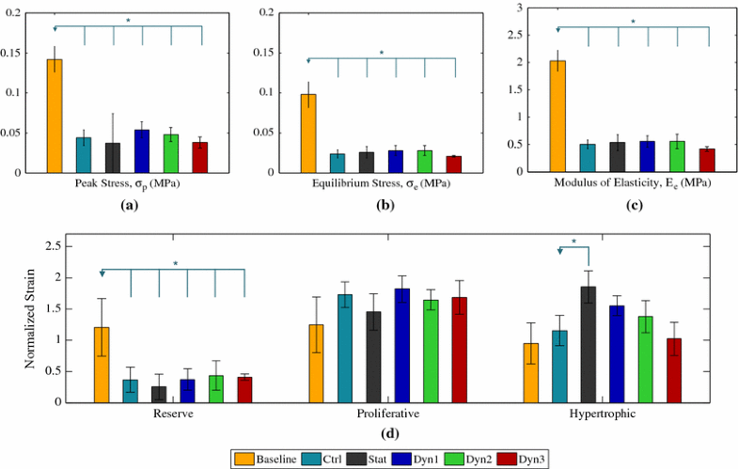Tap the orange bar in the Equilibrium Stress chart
tap(308, 133)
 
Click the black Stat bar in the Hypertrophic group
tap(588, 344)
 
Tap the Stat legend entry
tap(376, 458)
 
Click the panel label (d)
tap(387, 433)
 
